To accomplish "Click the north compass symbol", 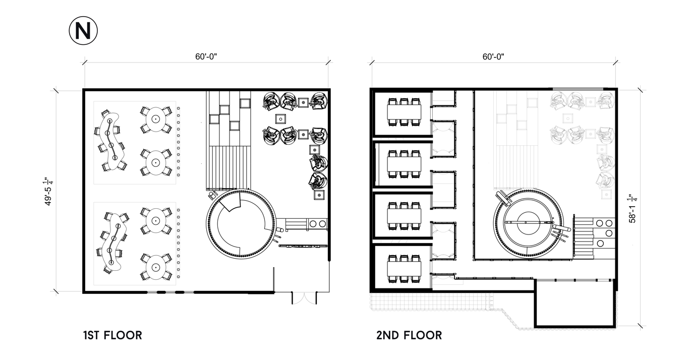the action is pyautogui.click(x=83, y=31).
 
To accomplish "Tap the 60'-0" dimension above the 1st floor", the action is pyautogui.click(x=206, y=57).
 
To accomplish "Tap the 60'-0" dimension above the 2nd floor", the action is pyautogui.click(x=493, y=57).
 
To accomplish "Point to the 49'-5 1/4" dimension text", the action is pyautogui.click(x=48, y=191).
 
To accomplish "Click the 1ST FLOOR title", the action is pyautogui.click(x=112, y=335).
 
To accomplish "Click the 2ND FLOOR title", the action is pyautogui.click(x=409, y=335).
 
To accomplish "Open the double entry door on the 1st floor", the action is pyautogui.click(x=304, y=298).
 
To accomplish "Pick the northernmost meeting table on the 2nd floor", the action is pyautogui.click(x=405, y=112).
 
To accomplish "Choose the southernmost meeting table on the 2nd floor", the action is pyautogui.click(x=405, y=268).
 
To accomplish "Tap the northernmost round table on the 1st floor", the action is pyautogui.click(x=156, y=119).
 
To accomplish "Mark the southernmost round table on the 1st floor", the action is pyautogui.click(x=156, y=267).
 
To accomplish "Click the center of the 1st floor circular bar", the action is pyautogui.click(x=241, y=224).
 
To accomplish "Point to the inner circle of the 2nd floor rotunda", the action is pyautogui.click(x=528, y=222).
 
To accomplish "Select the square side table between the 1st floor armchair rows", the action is pyautogui.click(x=280, y=119).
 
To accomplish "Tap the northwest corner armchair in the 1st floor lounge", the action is pyautogui.click(x=271, y=101).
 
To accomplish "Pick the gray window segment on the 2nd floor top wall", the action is pyautogui.click(x=578, y=89).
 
